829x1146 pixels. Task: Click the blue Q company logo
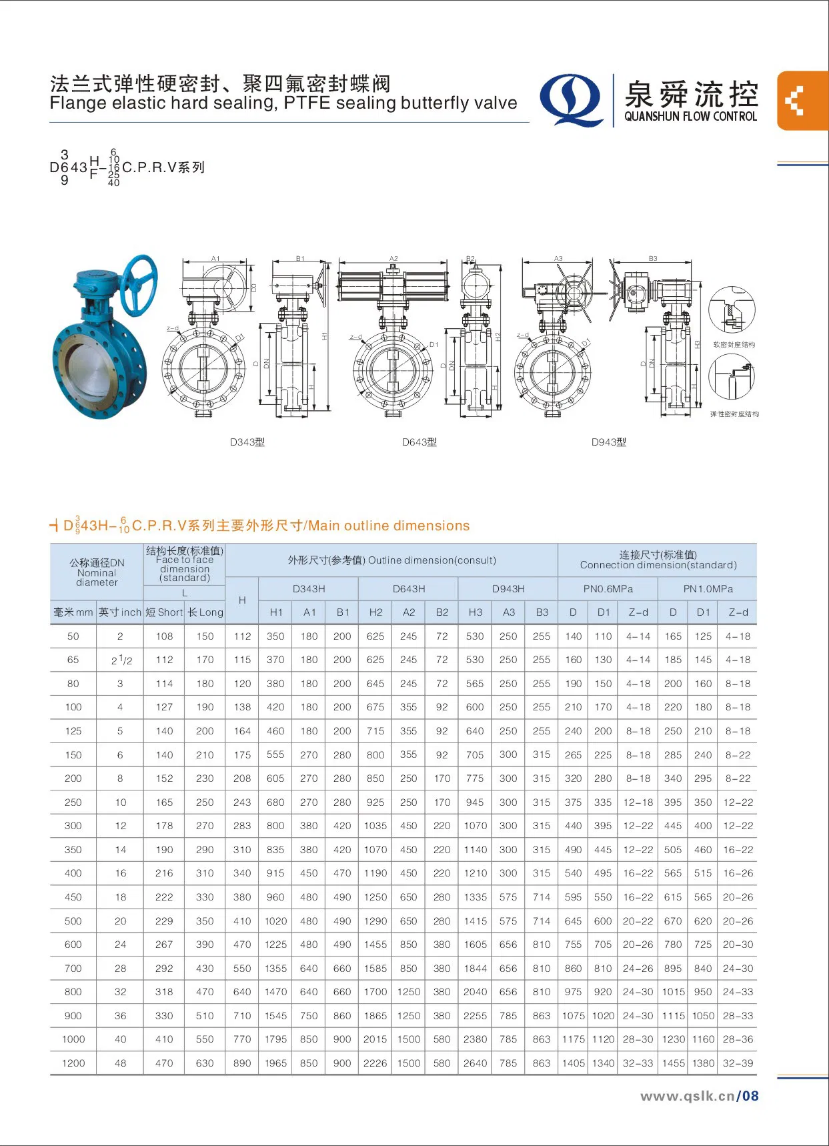point(571,100)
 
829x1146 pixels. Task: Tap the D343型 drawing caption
point(247,442)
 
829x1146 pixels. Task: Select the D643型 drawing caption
point(419,442)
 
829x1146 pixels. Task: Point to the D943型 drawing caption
point(608,442)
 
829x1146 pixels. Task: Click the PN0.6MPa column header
point(608,589)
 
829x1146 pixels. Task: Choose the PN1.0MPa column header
point(708,589)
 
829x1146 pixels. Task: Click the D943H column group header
point(508,589)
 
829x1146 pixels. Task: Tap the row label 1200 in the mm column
point(73,1063)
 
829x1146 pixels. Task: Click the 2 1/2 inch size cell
point(121,660)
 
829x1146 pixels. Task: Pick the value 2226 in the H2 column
point(375,1063)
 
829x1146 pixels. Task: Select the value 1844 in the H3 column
point(475,969)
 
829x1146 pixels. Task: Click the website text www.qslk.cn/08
point(699,1096)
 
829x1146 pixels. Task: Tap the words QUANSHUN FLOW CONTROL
point(690,116)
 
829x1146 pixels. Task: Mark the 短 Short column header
point(164,612)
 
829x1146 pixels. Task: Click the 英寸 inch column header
point(120,612)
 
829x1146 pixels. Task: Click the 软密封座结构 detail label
point(734,345)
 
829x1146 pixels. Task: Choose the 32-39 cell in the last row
point(738,1063)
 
